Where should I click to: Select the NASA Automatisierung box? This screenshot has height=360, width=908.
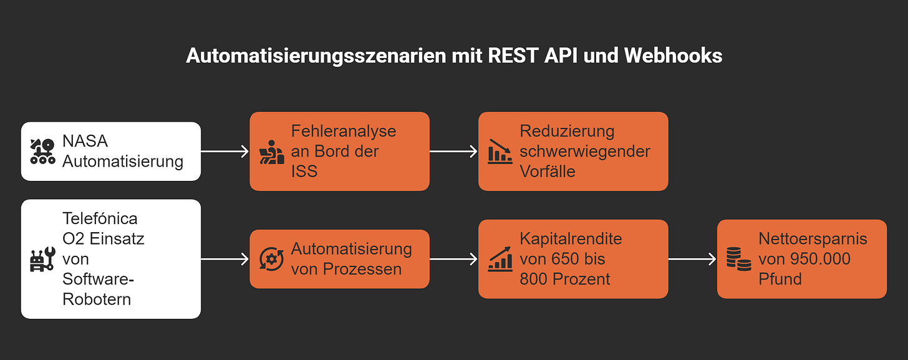(x=111, y=151)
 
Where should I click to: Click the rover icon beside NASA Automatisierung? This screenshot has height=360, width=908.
(x=42, y=151)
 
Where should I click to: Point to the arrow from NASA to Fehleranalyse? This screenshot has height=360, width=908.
(x=225, y=151)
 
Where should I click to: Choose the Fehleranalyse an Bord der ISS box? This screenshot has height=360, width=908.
(x=339, y=151)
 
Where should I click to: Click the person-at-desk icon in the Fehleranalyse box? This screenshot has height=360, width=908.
(x=271, y=152)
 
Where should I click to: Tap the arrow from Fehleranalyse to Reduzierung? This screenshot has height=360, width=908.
(x=453, y=151)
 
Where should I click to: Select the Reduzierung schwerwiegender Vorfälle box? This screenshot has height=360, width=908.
(x=572, y=151)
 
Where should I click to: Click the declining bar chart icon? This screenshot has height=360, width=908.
(x=500, y=152)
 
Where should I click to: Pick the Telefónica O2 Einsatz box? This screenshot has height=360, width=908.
(x=111, y=259)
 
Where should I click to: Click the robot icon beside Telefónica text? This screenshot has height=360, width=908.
(x=42, y=260)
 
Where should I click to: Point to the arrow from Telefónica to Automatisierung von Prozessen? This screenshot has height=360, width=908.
(x=225, y=259)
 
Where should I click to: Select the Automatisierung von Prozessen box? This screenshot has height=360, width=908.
(x=339, y=259)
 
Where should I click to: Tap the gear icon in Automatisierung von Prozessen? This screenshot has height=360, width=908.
(x=271, y=259)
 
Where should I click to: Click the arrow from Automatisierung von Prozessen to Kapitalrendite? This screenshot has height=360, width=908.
(x=453, y=259)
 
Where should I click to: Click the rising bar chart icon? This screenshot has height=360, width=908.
(x=500, y=259)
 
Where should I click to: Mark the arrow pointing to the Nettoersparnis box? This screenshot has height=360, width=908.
(x=692, y=259)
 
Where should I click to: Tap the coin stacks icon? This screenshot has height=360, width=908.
(x=738, y=259)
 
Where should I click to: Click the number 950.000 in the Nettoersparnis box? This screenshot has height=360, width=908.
(x=820, y=258)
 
